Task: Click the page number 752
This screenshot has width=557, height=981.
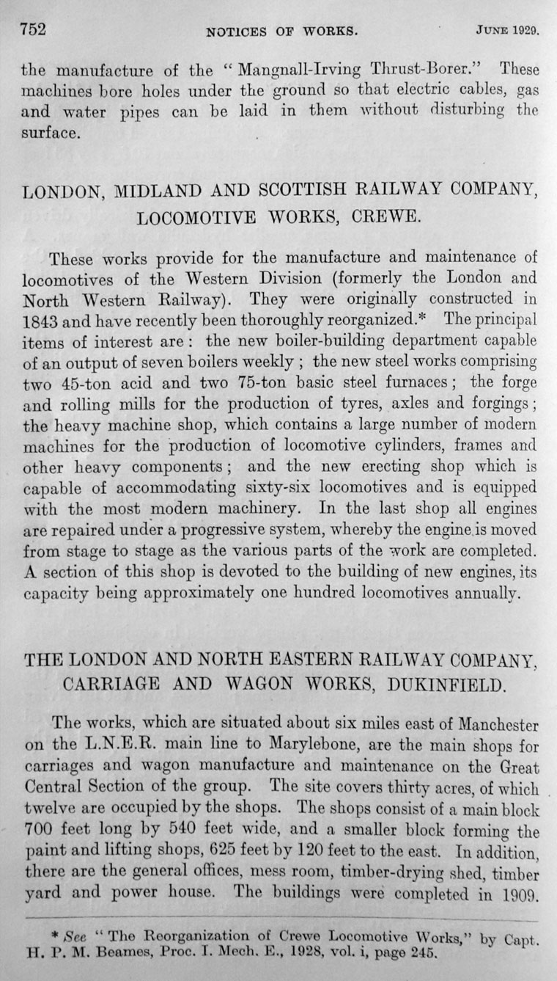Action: [x=33, y=31]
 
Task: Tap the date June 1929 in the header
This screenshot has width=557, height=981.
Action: [x=506, y=32]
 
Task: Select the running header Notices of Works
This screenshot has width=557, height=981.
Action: [x=281, y=32]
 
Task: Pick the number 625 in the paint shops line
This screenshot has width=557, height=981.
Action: [x=224, y=852]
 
